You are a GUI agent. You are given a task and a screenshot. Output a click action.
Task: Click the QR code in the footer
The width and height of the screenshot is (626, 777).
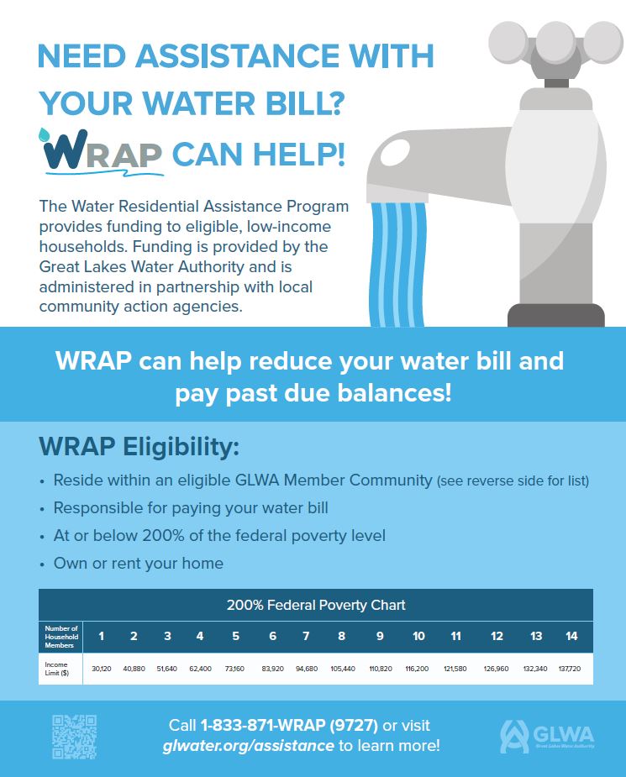[74, 736]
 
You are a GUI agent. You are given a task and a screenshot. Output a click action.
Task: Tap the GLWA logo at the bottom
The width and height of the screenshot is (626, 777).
[546, 736]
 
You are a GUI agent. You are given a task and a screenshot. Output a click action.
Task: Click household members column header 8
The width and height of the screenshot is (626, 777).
[341, 636]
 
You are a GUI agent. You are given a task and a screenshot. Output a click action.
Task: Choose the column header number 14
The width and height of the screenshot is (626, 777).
[571, 636]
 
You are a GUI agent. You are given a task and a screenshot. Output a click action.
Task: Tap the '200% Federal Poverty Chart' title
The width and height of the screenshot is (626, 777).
[316, 605]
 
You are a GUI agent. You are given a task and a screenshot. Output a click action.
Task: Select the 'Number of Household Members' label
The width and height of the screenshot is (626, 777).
[61, 636]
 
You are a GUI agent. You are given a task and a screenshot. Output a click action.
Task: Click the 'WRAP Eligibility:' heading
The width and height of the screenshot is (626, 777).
[139, 448]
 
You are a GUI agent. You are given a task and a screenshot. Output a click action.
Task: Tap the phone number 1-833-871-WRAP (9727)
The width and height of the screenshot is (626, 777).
[288, 725]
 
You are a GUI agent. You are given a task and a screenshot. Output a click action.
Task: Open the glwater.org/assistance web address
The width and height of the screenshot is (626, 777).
[248, 746]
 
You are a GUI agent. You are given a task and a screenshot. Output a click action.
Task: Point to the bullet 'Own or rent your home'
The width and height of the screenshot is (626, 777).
[138, 563]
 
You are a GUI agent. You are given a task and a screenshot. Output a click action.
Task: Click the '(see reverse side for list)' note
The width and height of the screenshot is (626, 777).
[513, 481]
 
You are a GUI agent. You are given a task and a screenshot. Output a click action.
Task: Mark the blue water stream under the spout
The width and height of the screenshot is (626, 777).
[400, 260]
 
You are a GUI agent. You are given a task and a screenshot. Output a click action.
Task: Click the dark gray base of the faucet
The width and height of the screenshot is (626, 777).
[555, 316]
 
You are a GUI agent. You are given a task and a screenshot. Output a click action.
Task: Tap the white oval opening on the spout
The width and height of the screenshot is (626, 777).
[394, 154]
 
